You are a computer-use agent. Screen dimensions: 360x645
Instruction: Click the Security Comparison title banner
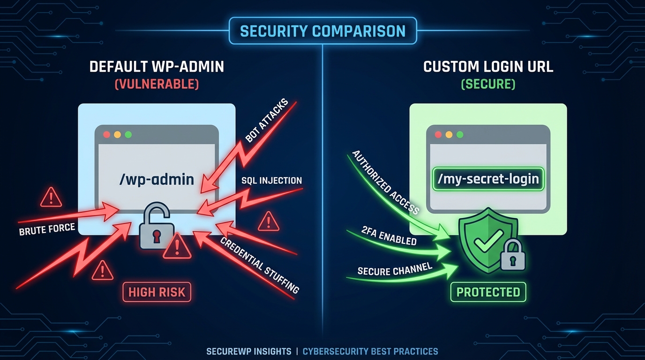(x=322, y=31)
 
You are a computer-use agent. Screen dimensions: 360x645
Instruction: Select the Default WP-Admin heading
(x=157, y=67)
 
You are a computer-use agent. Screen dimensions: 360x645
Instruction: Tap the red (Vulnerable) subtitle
(x=157, y=84)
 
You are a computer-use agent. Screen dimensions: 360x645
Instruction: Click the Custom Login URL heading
(x=488, y=67)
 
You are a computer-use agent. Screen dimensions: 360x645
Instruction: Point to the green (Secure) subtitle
(x=488, y=84)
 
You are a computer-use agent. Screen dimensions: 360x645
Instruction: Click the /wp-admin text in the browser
(x=157, y=179)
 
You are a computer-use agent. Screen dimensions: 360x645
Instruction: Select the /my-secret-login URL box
(x=488, y=179)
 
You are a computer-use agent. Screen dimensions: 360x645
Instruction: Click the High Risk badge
(x=157, y=292)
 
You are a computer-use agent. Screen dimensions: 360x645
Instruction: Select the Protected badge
(x=488, y=292)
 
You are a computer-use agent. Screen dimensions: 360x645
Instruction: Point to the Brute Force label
(x=47, y=229)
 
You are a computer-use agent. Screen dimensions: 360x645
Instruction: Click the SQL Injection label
(x=271, y=180)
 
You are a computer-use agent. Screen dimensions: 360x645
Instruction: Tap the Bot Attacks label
(x=265, y=123)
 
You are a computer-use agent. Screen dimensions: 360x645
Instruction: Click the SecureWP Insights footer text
(x=248, y=351)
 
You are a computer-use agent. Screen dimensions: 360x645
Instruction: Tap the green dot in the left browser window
(x=128, y=135)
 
